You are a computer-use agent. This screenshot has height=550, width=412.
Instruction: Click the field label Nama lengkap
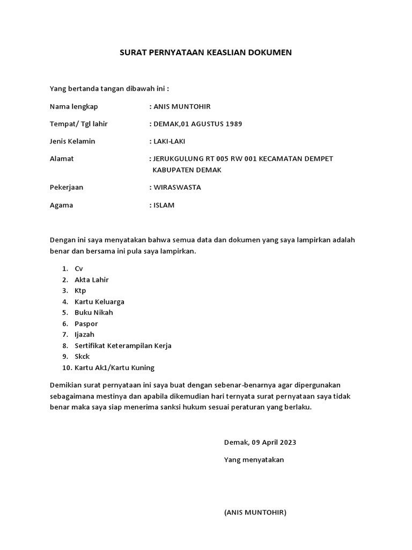click(73, 106)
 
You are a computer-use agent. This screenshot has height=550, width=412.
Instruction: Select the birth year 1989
click(233, 124)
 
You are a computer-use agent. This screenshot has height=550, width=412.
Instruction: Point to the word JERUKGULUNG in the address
click(177, 159)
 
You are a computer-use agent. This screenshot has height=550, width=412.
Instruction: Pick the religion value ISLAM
click(164, 205)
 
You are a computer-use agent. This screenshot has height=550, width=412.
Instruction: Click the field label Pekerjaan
click(66, 187)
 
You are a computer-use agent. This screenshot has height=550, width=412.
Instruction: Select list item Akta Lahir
click(92, 280)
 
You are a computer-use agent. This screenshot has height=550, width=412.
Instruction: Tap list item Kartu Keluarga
click(99, 302)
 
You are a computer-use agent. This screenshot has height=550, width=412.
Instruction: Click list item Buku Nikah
click(94, 313)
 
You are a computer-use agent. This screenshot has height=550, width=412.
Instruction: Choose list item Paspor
click(86, 324)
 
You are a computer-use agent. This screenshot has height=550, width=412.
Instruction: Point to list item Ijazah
click(85, 335)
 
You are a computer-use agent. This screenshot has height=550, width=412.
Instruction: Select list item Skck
click(83, 357)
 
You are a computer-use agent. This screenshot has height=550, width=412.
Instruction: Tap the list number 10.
click(67, 368)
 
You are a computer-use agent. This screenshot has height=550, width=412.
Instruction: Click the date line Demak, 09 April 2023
click(260, 443)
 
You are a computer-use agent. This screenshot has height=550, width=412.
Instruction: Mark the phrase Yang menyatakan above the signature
click(254, 460)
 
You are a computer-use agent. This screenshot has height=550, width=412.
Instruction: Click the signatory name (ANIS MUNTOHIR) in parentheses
click(255, 512)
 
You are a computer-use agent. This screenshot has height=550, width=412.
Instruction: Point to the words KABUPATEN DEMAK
click(186, 170)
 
